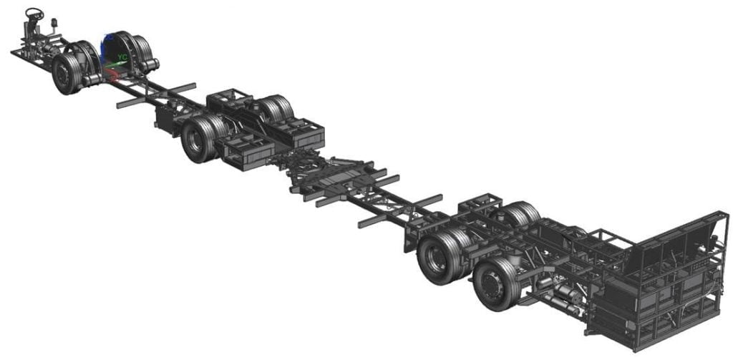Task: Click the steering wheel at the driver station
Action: point(34,13)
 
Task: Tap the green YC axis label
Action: point(122,54)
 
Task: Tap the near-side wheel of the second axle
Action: point(198,139)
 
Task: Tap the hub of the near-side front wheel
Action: point(63,75)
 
